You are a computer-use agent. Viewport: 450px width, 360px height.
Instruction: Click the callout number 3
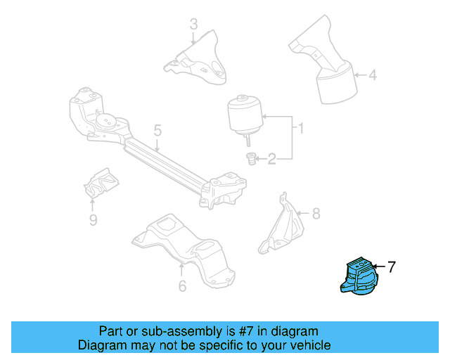[194, 26]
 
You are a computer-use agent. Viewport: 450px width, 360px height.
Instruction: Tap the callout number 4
[373, 75]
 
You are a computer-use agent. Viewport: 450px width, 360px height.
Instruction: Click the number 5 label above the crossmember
[157, 130]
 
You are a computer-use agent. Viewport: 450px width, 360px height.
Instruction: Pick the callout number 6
[182, 285]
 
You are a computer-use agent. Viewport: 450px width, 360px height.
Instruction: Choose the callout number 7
[392, 266]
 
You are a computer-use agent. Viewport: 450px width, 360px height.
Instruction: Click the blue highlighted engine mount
[359, 281]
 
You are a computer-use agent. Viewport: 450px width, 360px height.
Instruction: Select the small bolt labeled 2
[250, 160]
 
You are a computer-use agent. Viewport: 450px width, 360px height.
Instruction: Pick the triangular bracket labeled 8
[281, 225]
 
